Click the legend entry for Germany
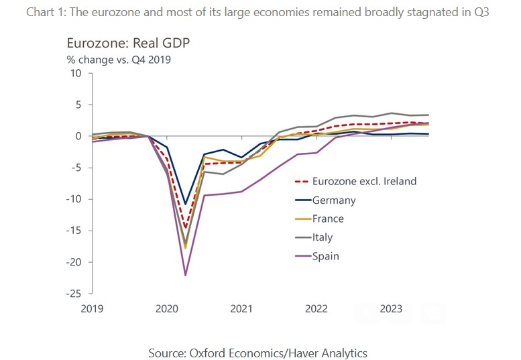click(x=334, y=200)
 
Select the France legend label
click(x=328, y=219)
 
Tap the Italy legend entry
click(x=323, y=237)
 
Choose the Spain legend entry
click(x=325, y=255)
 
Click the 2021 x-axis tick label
click(x=241, y=308)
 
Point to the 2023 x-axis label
click(x=391, y=308)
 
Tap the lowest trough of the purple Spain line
click(x=185, y=275)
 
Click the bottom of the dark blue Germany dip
click(x=185, y=203)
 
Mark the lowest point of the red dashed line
click(x=185, y=228)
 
